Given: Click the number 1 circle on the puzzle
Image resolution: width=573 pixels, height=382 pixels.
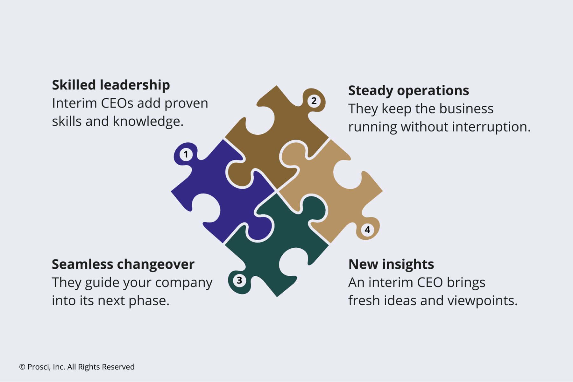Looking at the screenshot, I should pyautogui.click(x=186, y=154).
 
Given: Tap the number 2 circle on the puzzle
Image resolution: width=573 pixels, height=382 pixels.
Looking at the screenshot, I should pyautogui.click(x=314, y=101).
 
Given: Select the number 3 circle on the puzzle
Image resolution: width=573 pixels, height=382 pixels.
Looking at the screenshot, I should pyautogui.click(x=239, y=280).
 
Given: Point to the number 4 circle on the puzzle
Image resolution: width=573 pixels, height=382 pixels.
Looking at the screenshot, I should pyautogui.click(x=367, y=230).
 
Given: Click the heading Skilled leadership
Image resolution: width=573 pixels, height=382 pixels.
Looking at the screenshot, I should pyautogui.click(x=111, y=85).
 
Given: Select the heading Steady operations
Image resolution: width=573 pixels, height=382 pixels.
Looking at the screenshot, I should pyautogui.click(x=408, y=90).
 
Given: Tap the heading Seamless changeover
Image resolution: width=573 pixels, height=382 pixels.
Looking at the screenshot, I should pyautogui.click(x=123, y=264).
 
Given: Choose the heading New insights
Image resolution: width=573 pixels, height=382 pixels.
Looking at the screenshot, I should pyautogui.click(x=391, y=264).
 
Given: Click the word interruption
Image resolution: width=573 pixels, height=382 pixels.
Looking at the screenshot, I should pyautogui.click(x=491, y=127).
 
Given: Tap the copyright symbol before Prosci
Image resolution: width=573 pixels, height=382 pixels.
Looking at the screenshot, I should pyautogui.click(x=22, y=367).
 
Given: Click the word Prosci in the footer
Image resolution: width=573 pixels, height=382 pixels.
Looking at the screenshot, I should pyautogui.click(x=39, y=367).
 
